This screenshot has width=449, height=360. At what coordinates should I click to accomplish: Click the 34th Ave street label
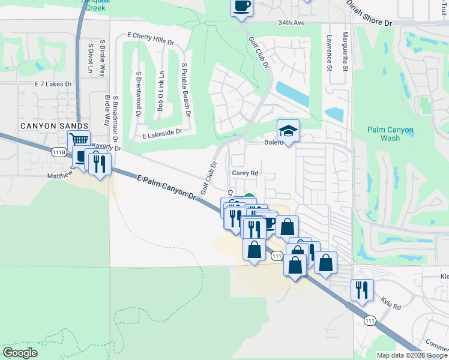tap(292, 22)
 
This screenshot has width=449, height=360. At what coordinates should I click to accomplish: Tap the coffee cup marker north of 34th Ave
tap(241, 7)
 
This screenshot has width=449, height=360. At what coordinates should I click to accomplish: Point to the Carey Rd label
tap(245, 173)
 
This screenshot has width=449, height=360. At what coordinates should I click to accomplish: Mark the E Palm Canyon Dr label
tap(166, 187)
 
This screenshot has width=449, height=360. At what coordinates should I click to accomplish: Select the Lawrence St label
tap(329, 52)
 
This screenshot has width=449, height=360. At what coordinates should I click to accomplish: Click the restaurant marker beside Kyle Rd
tap(363, 290)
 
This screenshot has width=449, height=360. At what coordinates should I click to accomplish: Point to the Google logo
tap(20, 353)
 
